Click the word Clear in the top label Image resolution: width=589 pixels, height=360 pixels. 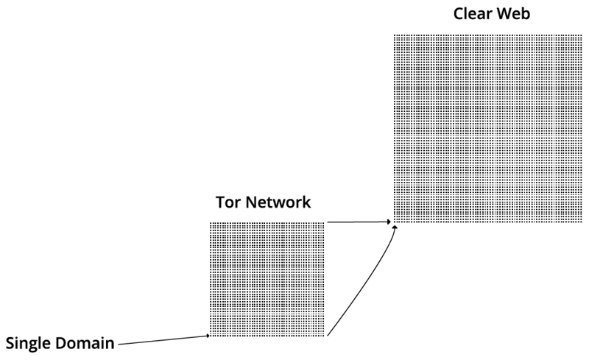(x=471, y=14)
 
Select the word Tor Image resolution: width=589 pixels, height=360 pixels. (x=227, y=202)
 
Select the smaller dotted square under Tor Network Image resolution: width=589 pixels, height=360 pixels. (x=267, y=279)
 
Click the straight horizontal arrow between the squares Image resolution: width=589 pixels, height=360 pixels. (x=357, y=221)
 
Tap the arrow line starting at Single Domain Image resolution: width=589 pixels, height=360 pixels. (x=162, y=339)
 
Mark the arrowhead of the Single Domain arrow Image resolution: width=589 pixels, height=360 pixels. (x=208, y=336)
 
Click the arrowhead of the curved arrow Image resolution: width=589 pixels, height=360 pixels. (x=395, y=227)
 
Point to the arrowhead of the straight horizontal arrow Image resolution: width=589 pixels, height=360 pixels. (x=389, y=221)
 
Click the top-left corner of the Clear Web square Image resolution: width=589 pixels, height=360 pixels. (x=394, y=35)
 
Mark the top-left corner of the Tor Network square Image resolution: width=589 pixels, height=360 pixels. (x=211, y=223)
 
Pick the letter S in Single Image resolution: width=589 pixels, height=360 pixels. (x=10, y=342)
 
